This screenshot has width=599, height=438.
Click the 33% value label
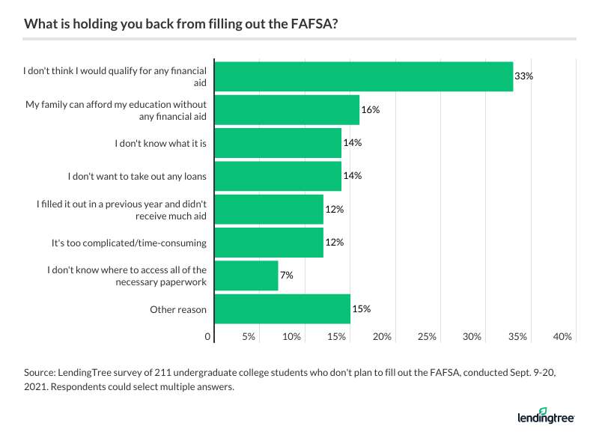click(523, 76)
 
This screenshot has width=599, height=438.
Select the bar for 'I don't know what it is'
click(278, 143)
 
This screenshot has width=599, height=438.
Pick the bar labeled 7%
click(246, 276)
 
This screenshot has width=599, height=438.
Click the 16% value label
click(371, 109)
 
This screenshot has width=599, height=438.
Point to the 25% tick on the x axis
click(427, 337)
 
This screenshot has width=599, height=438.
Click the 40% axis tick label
click(562, 337)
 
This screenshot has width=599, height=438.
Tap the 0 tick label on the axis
click(207, 337)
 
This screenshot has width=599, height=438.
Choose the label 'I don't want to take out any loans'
click(138, 176)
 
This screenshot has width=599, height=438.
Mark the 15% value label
click(362, 308)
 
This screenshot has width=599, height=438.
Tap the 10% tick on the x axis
click(292, 337)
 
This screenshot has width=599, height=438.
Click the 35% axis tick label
click(517, 337)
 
